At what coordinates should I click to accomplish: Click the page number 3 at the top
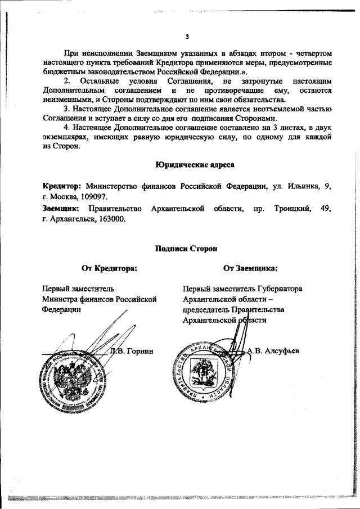coord(187,38)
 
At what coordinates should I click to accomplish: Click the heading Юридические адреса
coord(187,165)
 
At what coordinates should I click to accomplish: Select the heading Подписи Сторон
coord(187,247)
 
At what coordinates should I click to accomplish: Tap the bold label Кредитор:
coord(63,186)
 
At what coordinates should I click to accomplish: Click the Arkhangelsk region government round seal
coord(204,374)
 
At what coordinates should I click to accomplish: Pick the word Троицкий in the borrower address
coord(292,209)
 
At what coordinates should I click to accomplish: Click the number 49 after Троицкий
coord(326,209)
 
